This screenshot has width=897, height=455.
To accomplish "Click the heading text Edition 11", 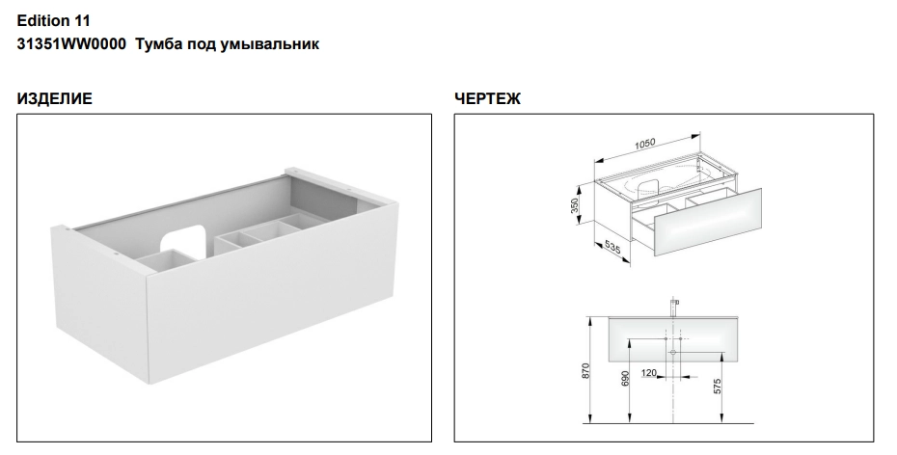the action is coord(54,21).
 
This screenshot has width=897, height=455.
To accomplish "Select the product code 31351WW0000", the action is coord(71,44).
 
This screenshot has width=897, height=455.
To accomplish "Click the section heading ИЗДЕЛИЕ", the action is coord(54,99).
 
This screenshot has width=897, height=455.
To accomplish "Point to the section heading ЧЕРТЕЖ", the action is coord(487,99).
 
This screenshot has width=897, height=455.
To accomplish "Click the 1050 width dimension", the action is coord(644,144).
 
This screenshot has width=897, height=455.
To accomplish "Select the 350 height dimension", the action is coord(575,205).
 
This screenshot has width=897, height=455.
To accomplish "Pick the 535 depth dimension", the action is coord(612,248).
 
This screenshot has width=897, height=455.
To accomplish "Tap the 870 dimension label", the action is coord(584,371).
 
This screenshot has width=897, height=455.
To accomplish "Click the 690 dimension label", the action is coord(625,379).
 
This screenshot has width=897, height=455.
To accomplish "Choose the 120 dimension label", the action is coord(649,373).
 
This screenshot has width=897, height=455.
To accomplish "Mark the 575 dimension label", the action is coord(718,387).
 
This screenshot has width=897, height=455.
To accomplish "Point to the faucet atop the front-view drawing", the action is coord(673,307).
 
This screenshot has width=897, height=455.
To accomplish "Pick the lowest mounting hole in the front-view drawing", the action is coord(673,353).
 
